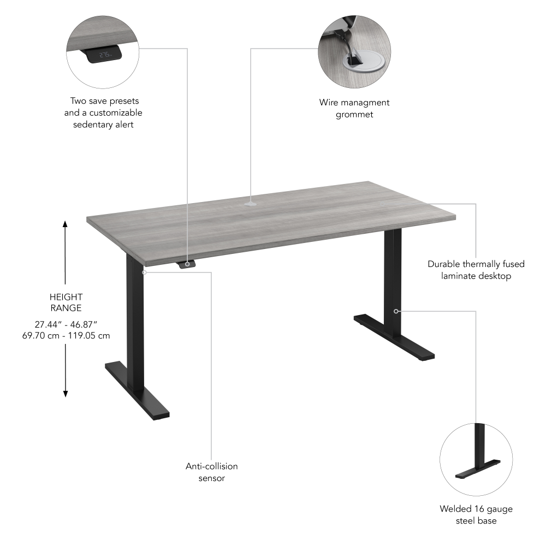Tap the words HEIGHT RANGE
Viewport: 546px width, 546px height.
66,302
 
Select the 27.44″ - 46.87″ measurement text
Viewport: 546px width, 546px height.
66,324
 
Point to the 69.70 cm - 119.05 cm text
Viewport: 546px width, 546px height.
66,335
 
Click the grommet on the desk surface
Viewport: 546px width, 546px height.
251,204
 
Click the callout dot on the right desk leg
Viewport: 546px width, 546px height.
396,311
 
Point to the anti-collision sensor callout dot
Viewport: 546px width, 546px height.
144,271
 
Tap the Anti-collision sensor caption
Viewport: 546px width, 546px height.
211,472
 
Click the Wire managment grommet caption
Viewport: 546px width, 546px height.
354,108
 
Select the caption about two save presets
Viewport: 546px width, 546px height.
103,112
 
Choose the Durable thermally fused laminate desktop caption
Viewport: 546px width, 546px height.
476,270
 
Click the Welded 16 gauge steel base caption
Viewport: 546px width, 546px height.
476,515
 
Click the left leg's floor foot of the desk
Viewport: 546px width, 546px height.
136,390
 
